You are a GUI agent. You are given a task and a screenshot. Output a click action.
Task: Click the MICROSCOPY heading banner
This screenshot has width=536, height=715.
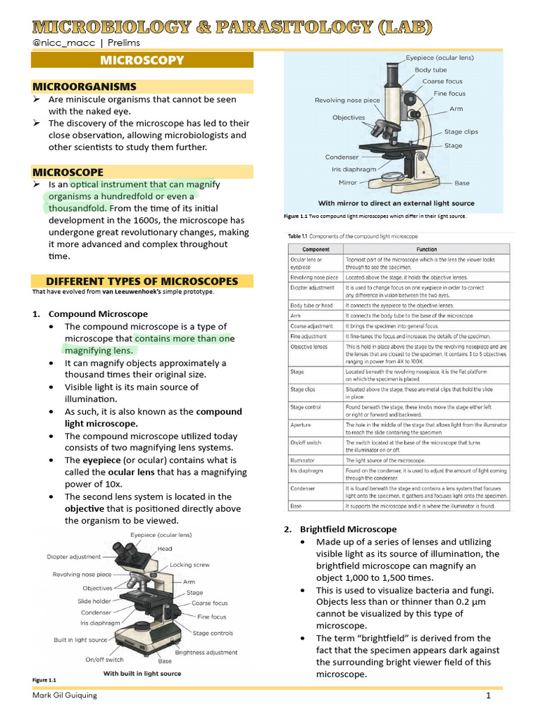click(142, 60)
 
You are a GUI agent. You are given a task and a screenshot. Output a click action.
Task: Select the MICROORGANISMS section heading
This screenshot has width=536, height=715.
click(84, 87)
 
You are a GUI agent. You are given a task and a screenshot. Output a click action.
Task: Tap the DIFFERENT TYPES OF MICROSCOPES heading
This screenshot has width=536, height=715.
click(142, 281)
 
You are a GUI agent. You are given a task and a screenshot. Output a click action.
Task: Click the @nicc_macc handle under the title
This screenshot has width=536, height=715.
click(59, 43)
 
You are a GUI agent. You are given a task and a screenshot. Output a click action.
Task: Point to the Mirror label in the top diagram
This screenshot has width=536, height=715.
click(348, 182)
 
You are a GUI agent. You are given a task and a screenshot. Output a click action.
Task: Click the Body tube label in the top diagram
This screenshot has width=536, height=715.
click(431, 70)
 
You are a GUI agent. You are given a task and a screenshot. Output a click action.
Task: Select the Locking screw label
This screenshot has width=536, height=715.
click(189, 564)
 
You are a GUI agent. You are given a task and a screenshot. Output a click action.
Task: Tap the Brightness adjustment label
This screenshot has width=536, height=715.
click(207, 652)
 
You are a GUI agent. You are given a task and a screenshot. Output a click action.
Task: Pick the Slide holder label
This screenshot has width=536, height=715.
click(94, 600)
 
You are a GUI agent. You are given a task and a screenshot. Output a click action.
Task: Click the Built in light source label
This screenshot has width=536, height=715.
click(80, 640)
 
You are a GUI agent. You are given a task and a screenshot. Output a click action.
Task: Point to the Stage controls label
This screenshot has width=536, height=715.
click(213, 633)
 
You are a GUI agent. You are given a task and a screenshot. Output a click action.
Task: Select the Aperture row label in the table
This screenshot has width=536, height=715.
click(301, 425)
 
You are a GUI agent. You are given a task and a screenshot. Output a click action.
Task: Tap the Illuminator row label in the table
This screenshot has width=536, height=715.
click(302, 460)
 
